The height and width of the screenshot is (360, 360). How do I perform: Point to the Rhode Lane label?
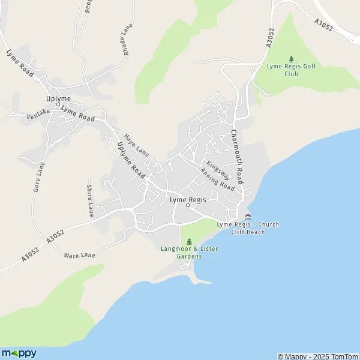click(127, 40)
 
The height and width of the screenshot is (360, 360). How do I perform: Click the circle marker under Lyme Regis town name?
click(187, 206)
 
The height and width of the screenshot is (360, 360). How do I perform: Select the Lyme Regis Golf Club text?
click(291, 70)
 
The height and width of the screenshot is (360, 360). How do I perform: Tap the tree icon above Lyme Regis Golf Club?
click(292, 59)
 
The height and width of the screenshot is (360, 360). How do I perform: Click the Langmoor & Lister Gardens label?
click(181, 252)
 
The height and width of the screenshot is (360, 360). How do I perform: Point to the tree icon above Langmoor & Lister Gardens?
click(181, 241)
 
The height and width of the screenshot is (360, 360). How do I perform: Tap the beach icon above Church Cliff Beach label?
click(248, 217)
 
